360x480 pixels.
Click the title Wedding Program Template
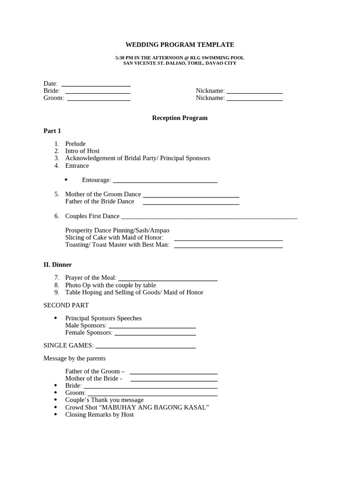pyautogui.click(x=180, y=45)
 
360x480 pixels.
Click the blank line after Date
pyautogui.click(x=96, y=86)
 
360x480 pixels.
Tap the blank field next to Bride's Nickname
pyautogui.click(x=255, y=93)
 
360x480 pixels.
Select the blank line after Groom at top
pyautogui.click(x=98, y=100)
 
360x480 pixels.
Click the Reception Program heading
pyautogui.click(x=180, y=118)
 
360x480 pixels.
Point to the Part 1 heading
pyautogui.click(x=52, y=131)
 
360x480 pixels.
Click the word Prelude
pyautogui.click(x=75, y=144)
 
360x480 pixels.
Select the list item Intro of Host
pyautogui.click(x=82, y=151)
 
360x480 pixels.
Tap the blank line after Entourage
pyautogui.click(x=165, y=181)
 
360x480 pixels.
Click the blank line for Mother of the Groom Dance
pyautogui.click(x=191, y=196)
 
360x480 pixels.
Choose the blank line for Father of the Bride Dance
pyautogui.click(x=191, y=203)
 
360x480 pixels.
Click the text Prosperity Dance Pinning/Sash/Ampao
pyautogui.click(x=117, y=231)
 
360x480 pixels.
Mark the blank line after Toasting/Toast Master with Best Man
pyautogui.click(x=228, y=247)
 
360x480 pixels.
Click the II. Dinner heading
pyautogui.click(x=58, y=265)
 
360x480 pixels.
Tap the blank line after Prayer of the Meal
pyautogui.click(x=168, y=280)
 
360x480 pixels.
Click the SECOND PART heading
pyautogui.click(x=66, y=305)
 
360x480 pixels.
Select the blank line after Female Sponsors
pyautogui.click(x=155, y=335)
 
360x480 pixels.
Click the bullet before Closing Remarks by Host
pyautogui.click(x=56, y=415)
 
